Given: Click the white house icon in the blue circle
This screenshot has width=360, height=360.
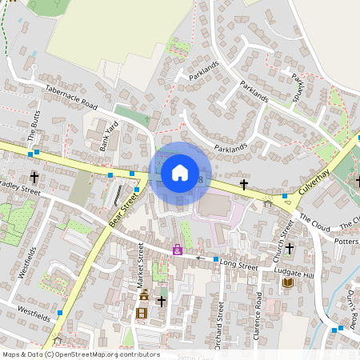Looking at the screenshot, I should [179, 173].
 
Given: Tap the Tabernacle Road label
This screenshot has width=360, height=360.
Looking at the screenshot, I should [70, 98].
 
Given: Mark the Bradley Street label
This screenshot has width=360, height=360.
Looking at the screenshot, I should [20, 193].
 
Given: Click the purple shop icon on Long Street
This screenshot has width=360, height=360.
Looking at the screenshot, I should [177, 250].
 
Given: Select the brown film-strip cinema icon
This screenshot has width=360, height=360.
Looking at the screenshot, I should [142, 312].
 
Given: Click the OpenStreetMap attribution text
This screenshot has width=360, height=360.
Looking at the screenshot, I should [80, 354].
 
